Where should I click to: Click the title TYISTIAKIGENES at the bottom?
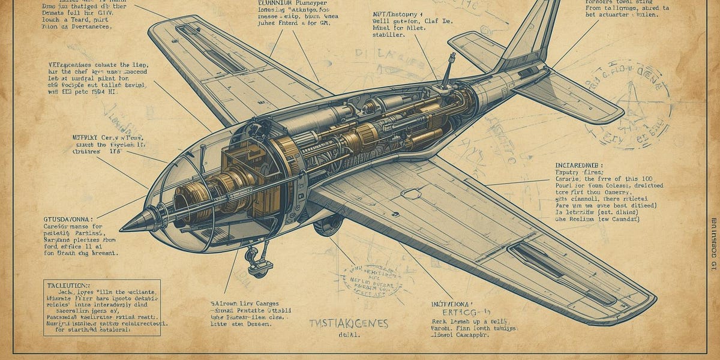(349, 324)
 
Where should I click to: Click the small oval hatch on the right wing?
(410, 194)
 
